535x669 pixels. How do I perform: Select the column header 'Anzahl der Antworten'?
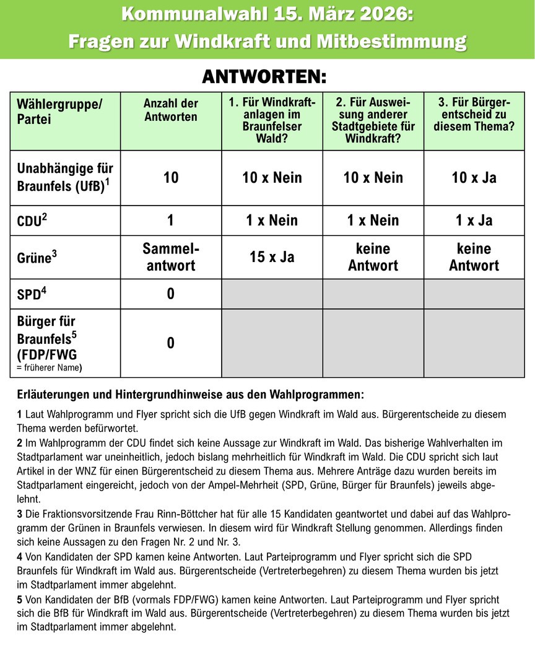pos(170,110)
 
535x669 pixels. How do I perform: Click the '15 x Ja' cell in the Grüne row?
pos(272,257)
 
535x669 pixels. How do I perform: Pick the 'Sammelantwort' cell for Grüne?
pos(170,257)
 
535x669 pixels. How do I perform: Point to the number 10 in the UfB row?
pos(171,178)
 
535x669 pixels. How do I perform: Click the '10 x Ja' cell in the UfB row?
pos(474,178)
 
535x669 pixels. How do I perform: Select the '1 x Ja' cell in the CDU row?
pos(474,221)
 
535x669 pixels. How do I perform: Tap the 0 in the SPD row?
pos(171,294)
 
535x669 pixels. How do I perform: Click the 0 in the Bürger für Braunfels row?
pos(171,343)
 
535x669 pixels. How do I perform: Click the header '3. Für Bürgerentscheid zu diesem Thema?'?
pos(474,115)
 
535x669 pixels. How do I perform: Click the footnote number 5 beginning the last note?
pos(20,600)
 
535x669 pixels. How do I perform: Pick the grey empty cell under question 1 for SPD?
pos(272,294)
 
